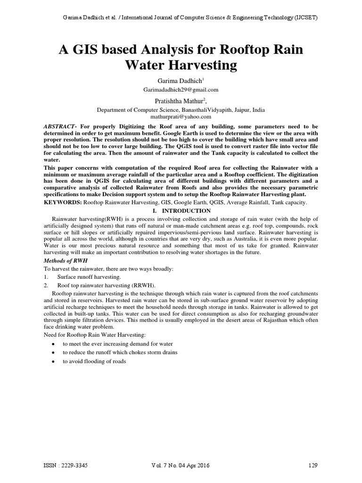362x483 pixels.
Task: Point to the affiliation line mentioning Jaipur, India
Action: point(181,109)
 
